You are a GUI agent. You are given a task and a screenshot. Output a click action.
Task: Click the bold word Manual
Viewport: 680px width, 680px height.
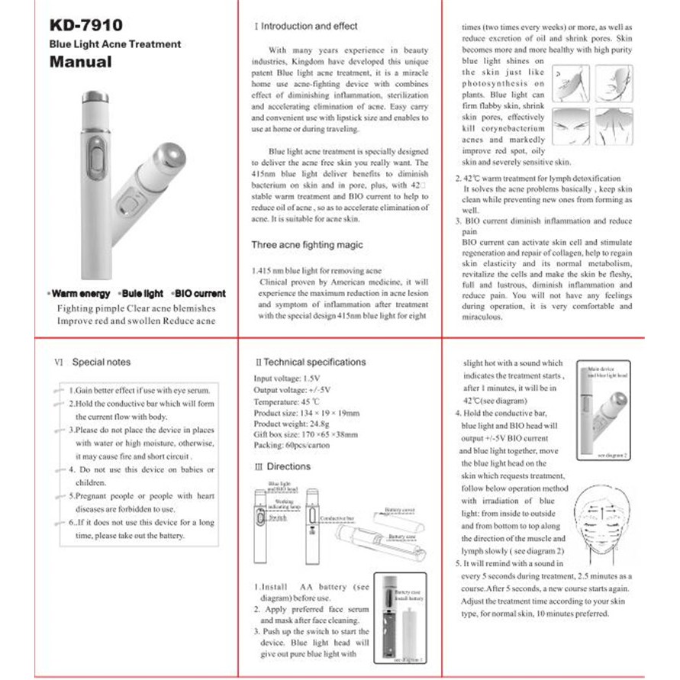(81, 63)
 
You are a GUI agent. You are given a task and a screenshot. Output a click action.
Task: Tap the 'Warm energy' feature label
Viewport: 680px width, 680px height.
(78, 294)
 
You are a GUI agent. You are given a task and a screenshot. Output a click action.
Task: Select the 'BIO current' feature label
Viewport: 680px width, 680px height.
(198, 294)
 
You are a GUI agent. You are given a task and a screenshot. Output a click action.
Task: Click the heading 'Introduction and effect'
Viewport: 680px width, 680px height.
(310, 26)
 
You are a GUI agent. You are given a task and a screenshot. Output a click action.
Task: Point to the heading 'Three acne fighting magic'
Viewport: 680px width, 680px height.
(307, 245)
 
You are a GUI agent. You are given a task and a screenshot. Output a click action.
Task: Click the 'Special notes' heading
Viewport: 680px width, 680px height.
(101, 363)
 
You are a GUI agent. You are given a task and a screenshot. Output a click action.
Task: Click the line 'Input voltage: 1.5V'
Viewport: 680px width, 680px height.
(287, 378)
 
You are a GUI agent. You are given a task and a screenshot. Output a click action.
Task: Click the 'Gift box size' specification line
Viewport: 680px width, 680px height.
(305, 435)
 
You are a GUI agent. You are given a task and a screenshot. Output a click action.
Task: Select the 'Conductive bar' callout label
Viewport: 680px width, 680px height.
(337, 518)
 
